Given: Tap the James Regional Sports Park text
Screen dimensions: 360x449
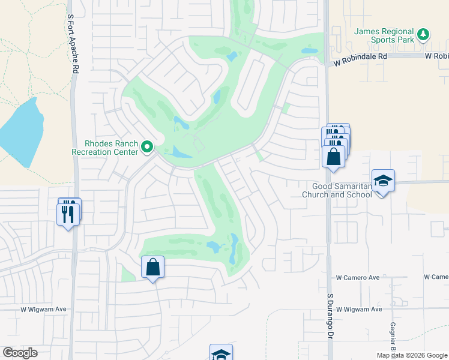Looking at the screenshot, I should [x=384, y=35].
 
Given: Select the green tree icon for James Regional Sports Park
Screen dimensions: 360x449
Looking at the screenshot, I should [x=424, y=34].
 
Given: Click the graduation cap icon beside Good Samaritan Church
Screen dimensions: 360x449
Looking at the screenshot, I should [x=383, y=181].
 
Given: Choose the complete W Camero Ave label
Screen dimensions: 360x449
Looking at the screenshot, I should [x=358, y=278].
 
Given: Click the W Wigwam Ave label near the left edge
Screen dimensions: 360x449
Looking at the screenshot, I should [x=43, y=309].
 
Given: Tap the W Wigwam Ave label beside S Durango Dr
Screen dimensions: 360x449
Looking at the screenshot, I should [x=359, y=310].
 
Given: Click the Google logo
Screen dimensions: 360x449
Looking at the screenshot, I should [x=20, y=353].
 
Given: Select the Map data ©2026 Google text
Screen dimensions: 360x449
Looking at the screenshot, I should [x=411, y=355].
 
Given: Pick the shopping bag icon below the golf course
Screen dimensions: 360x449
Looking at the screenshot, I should [x=153, y=267].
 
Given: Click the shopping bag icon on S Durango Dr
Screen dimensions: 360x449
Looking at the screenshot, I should [x=334, y=157].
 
